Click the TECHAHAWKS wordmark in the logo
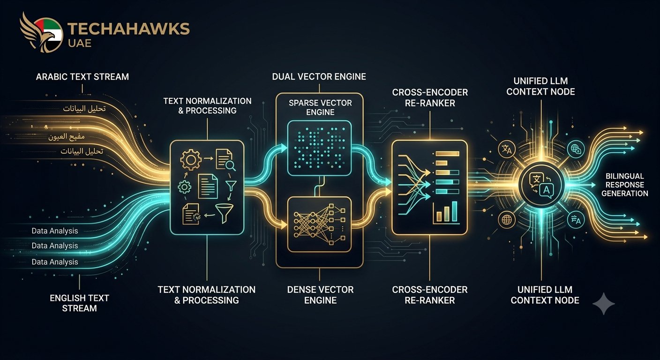(x=129, y=29)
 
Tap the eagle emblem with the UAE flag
(x=42, y=32)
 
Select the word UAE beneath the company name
(x=80, y=43)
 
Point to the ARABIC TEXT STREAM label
(x=82, y=77)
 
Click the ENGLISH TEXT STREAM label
(x=79, y=303)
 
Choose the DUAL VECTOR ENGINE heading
(x=319, y=76)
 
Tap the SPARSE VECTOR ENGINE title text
(x=320, y=107)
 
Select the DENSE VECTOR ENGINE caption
(x=320, y=295)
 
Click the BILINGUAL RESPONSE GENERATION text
(x=625, y=185)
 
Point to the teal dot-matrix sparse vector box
(x=319, y=148)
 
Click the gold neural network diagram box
(x=319, y=225)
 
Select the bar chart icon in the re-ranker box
(x=445, y=212)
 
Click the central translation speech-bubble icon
(x=541, y=185)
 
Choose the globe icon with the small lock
(x=576, y=149)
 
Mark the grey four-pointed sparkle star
(x=603, y=304)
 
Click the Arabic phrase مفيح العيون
(x=67, y=137)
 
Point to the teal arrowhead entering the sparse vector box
(x=284, y=148)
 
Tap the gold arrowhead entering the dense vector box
(x=284, y=225)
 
